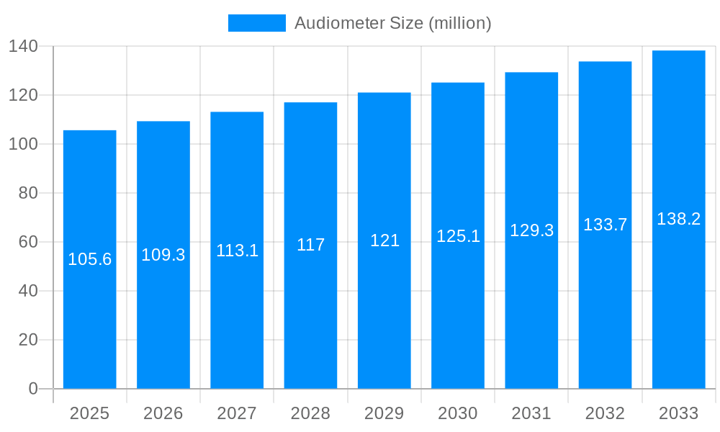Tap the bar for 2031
click(531, 302)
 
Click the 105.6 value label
click(90, 259)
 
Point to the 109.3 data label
click(163, 255)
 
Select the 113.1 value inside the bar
click(237, 251)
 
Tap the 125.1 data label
click(458, 236)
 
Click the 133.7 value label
click(605, 225)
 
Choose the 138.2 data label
click(678, 219)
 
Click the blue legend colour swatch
click(257, 23)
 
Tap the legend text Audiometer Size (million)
click(393, 23)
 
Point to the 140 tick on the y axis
click(24, 46)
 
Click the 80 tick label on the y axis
click(28, 193)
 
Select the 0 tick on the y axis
click(33, 389)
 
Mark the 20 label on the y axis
click(28, 340)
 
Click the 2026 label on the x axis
click(163, 413)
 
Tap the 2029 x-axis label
click(384, 413)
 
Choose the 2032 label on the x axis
click(605, 413)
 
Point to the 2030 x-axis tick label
click(458, 413)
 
